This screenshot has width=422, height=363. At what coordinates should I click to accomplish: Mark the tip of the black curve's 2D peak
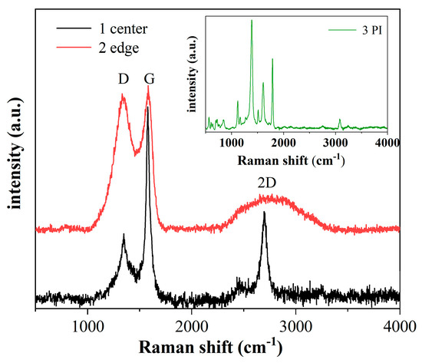click(x=264, y=213)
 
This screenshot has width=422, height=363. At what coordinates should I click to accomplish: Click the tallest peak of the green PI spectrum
click(x=252, y=20)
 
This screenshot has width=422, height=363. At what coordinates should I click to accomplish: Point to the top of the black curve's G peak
click(x=148, y=107)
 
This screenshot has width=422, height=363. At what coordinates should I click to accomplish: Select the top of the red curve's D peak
click(x=123, y=95)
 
